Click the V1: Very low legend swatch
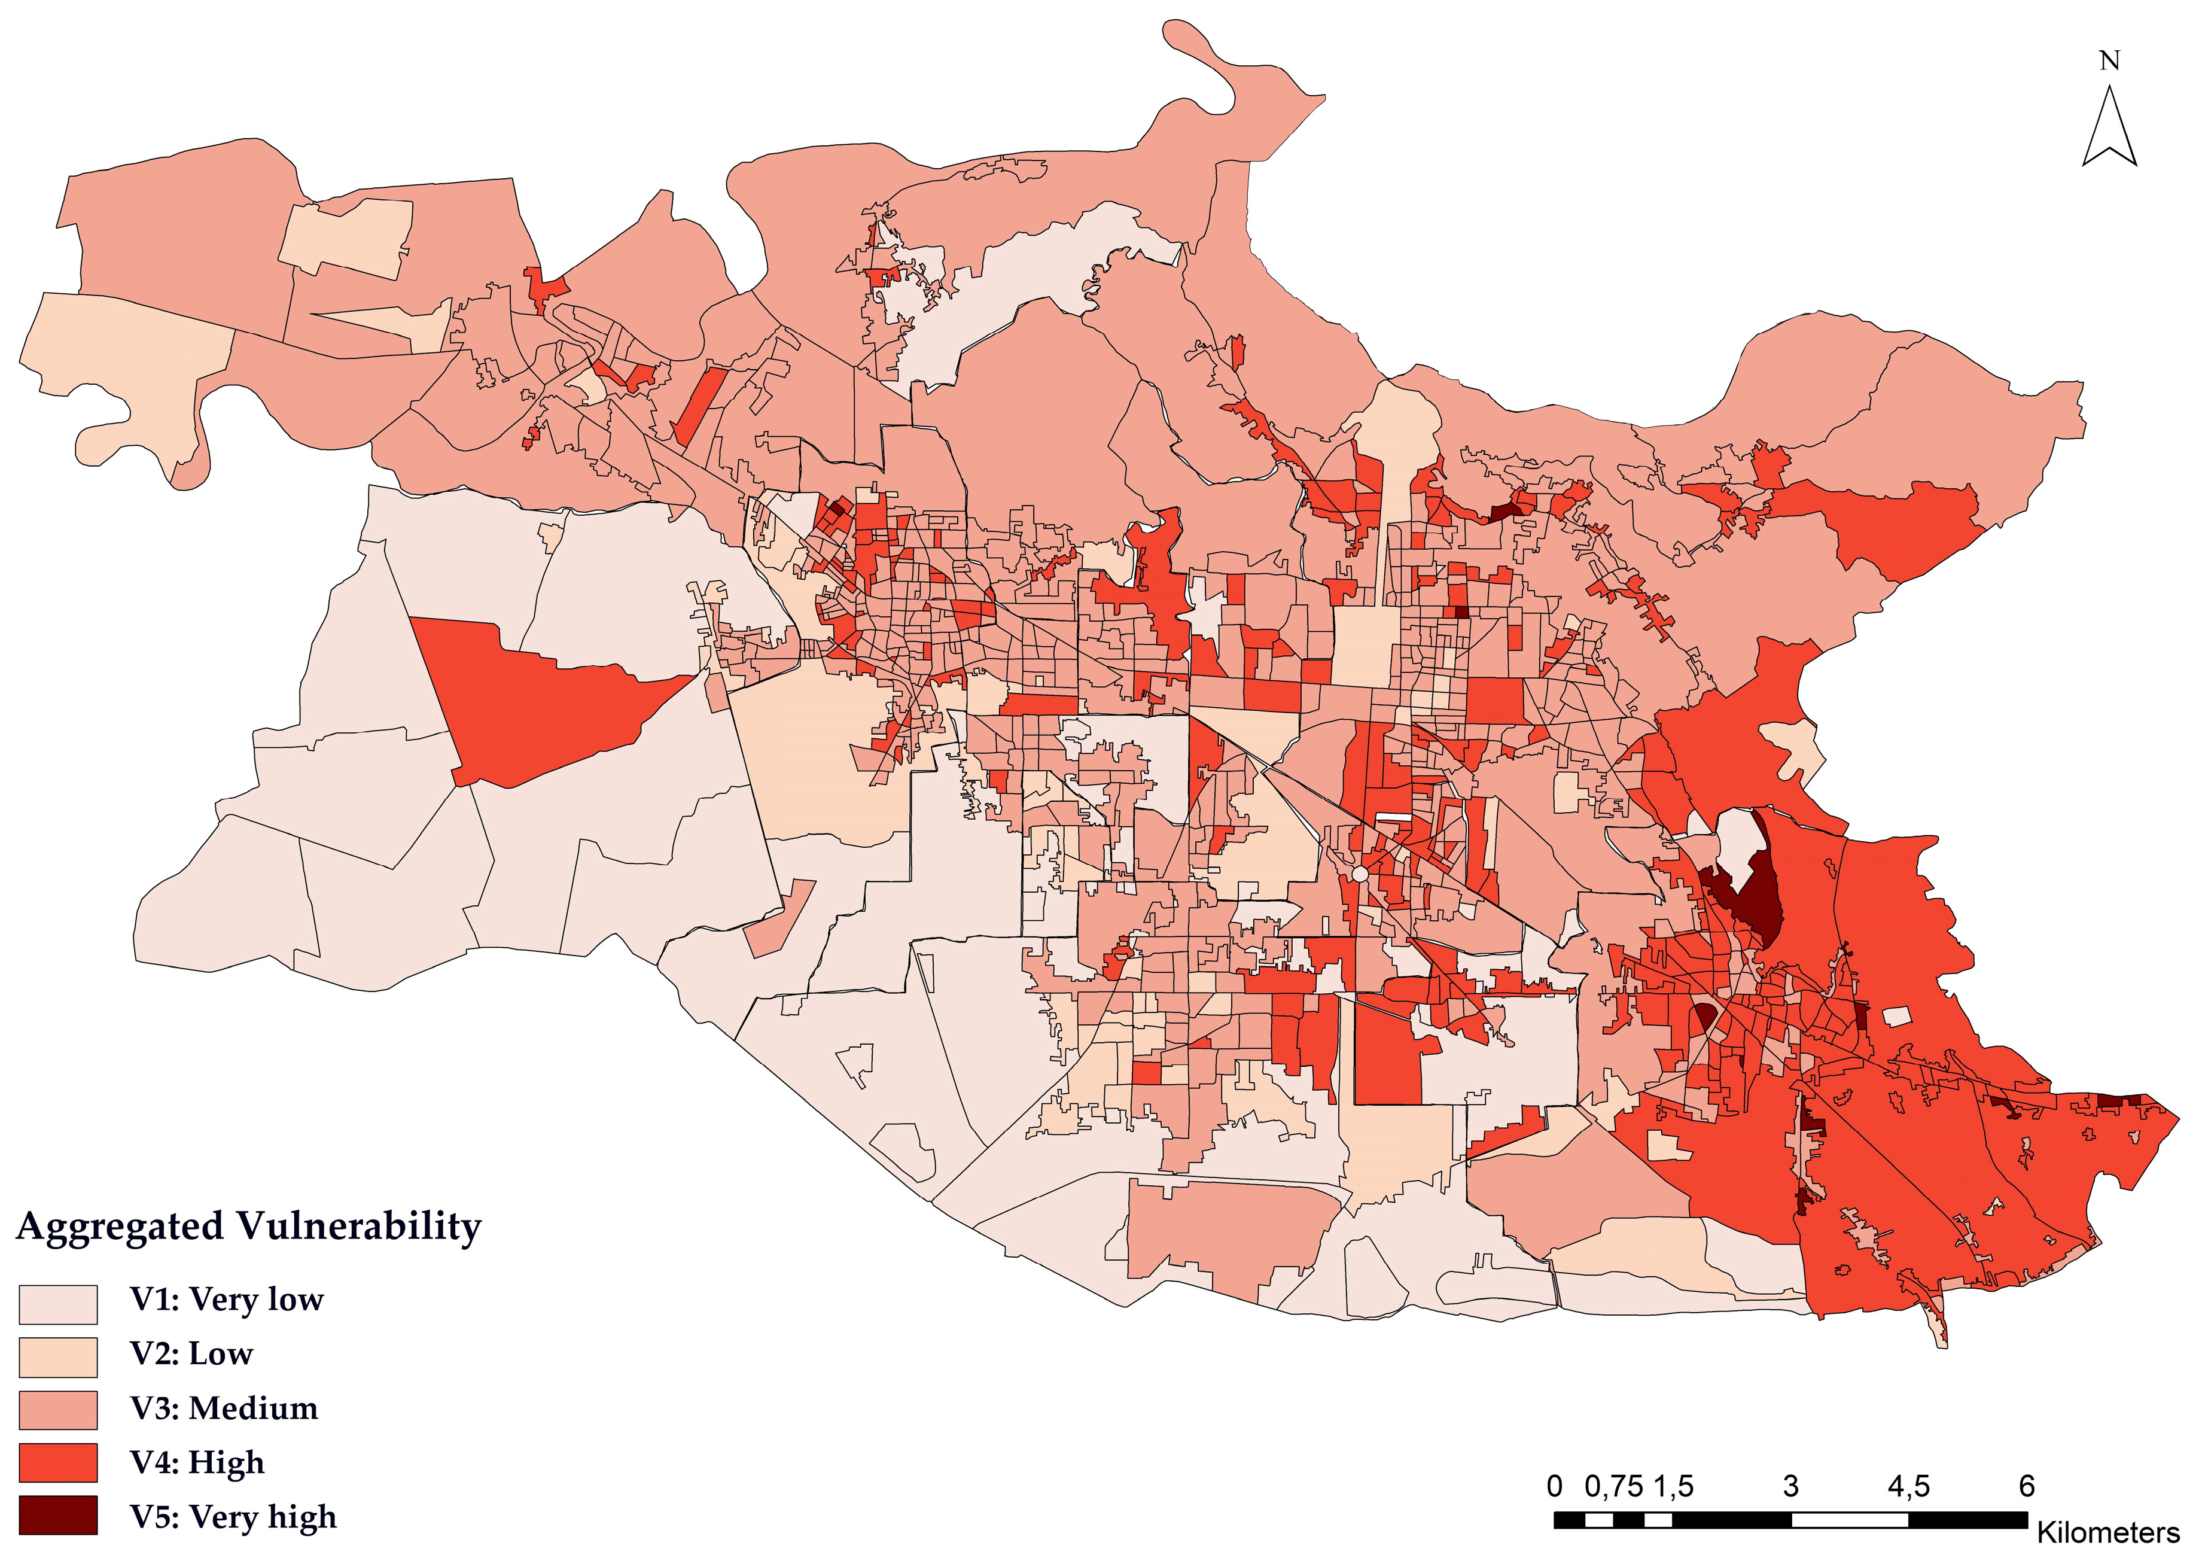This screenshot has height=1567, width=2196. (58, 1304)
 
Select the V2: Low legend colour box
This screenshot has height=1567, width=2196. (58, 1356)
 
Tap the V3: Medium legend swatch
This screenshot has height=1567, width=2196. (58, 1410)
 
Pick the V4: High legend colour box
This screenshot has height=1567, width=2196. (58, 1463)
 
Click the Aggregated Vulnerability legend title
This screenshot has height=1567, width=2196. (249, 1227)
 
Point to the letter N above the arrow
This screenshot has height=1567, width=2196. (2109, 61)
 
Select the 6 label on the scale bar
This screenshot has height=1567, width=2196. (2026, 1486)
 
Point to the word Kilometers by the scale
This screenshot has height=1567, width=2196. (2107, 1532)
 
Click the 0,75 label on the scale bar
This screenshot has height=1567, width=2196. (1613, 1486)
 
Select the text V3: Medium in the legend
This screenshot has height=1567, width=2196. (224, 1409)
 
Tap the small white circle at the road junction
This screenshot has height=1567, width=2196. (1359, 874)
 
